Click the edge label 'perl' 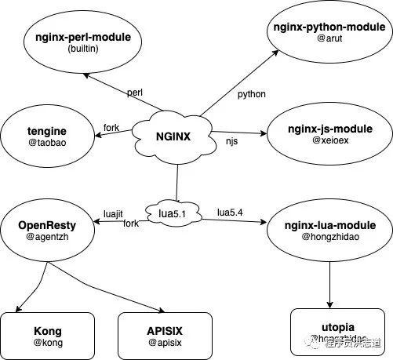pyautogui.click(x=134, y=93)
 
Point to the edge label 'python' pyautogui.click(x=251, y=94)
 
